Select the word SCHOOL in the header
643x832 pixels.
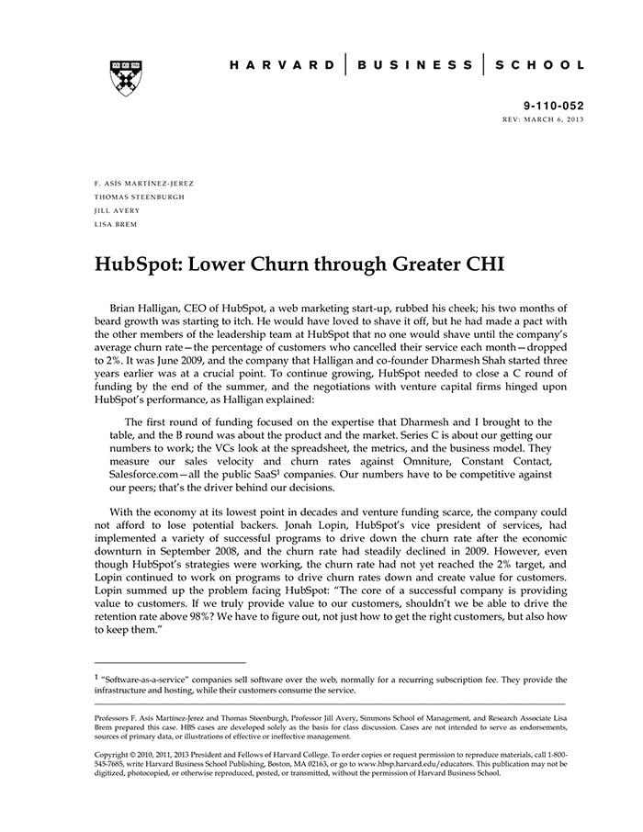(x=539, y=65)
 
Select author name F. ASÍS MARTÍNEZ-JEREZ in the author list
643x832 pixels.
(x=144, y=183)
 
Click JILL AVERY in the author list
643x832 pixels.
(x=118, y=210)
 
